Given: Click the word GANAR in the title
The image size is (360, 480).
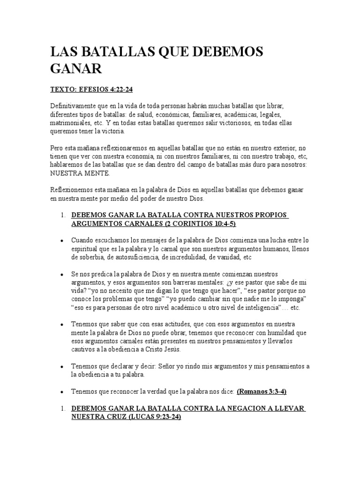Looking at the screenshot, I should [x=76, y=69].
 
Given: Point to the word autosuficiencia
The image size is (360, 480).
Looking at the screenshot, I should [x=132, y=257].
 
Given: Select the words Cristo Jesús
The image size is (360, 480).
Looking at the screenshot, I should [x=163, y=350].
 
